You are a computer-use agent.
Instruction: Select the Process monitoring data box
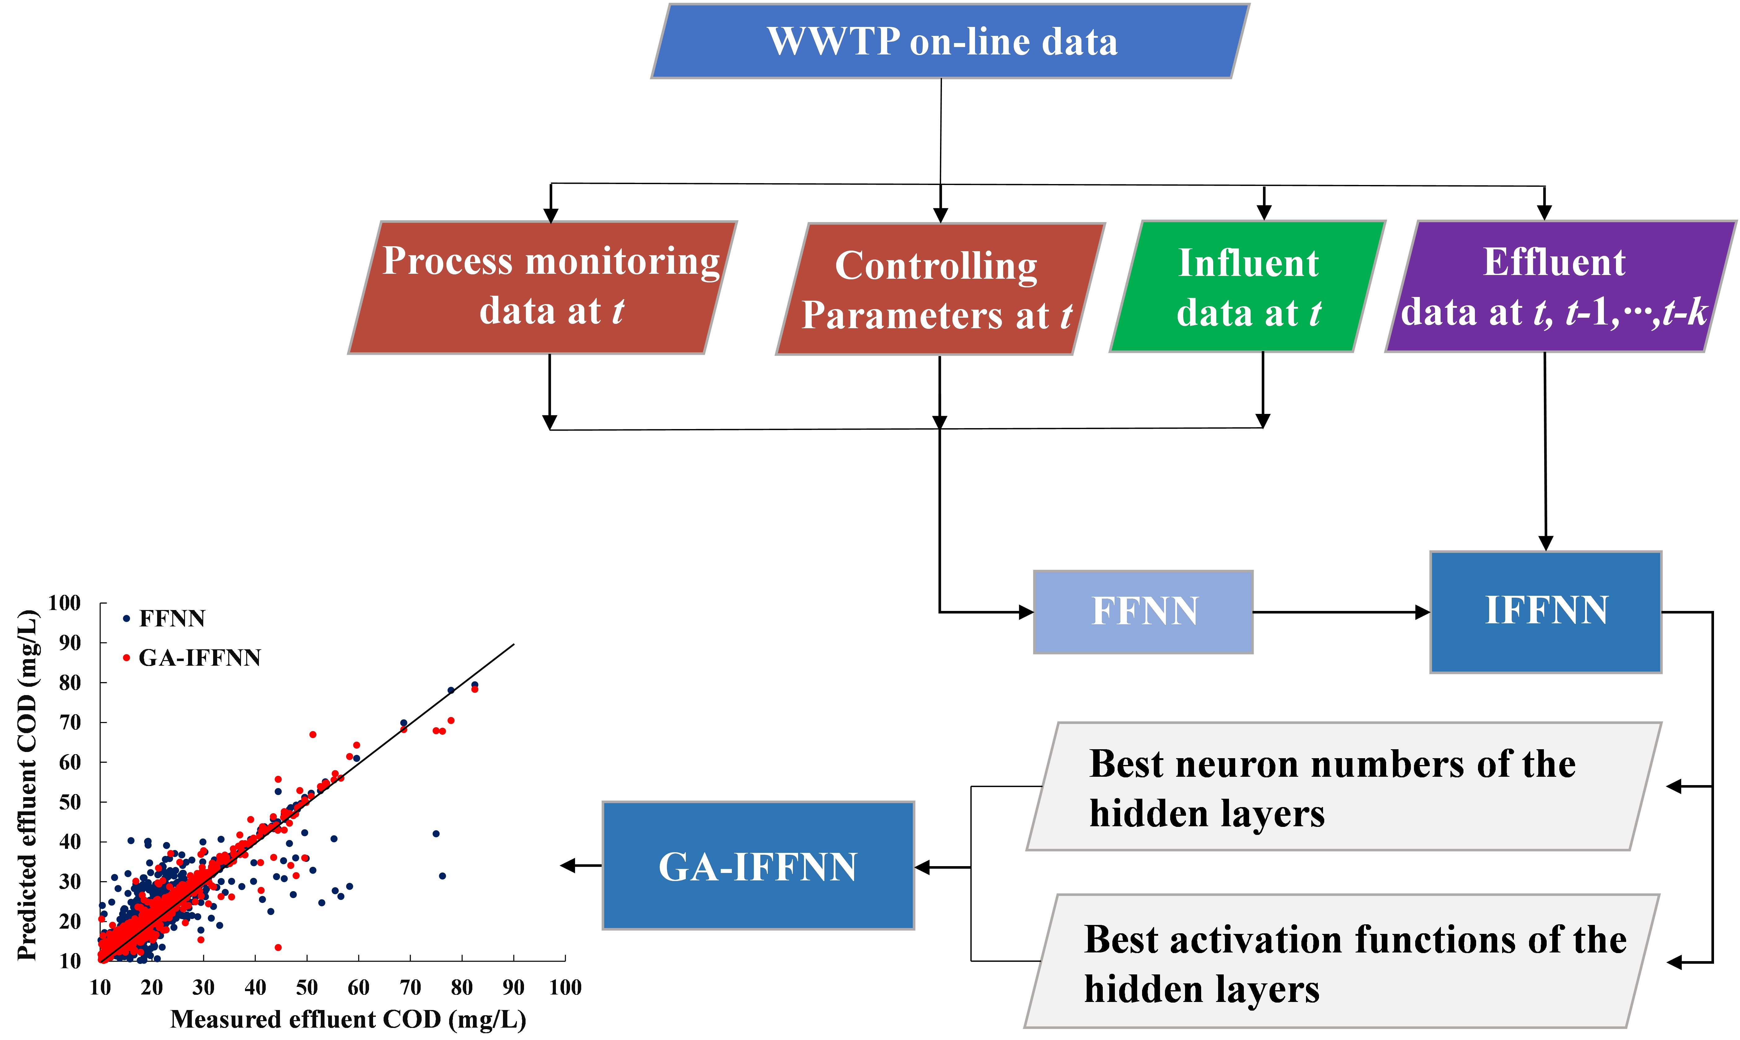point(543,287)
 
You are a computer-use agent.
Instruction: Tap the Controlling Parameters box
point(939,289)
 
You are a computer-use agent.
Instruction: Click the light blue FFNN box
point(1143,612)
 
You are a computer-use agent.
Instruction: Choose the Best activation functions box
point(1342,961)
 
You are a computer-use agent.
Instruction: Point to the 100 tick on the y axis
point(64,603)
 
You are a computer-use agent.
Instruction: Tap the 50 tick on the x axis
point(307,987)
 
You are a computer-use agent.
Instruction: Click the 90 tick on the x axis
point(513,987)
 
